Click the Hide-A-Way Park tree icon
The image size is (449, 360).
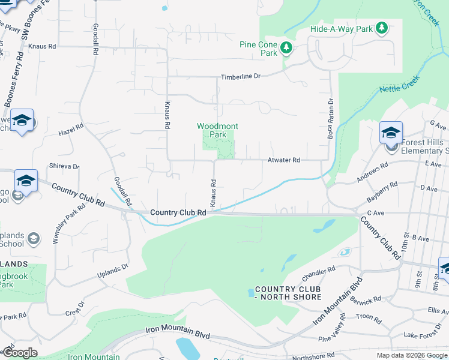pos(381,28)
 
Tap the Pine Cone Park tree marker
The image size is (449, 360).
pos(286,48)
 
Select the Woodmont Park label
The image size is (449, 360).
pos(218,130)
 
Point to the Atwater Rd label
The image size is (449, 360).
pos(283,160)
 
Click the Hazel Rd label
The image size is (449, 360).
pos(70,130)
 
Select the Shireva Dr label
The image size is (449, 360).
pos(64,166)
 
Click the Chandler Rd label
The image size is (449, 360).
pos(319,272)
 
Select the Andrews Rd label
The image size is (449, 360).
pos(385,172)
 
